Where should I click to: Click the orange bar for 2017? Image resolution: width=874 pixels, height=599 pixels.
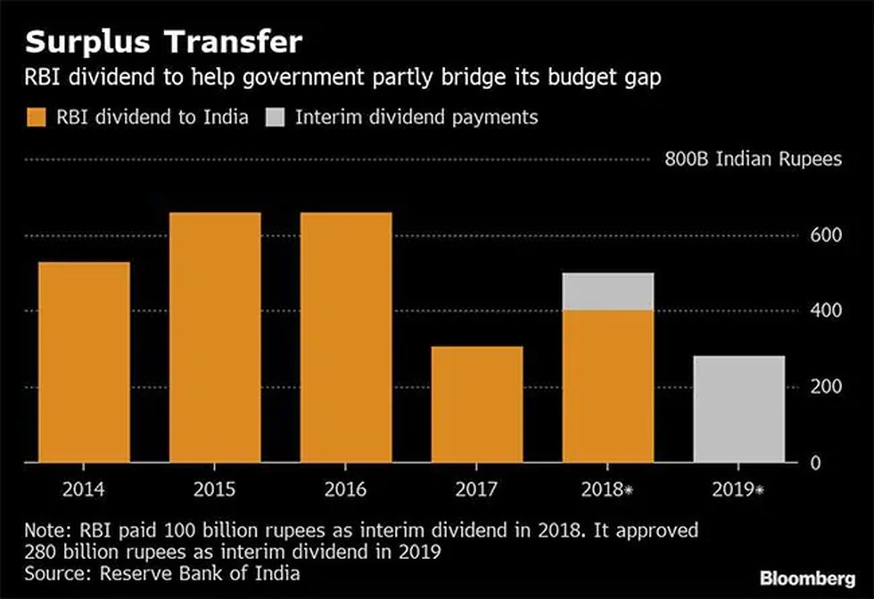(x=476, y=404)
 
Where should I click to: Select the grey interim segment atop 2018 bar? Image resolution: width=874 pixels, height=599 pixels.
(x=607, y=291)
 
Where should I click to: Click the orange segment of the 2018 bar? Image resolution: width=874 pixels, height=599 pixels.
(x=607, y=386)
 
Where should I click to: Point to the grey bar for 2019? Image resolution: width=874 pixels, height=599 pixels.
(x=738, y=409)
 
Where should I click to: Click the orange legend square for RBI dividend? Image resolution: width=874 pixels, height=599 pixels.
(x=37, y=117)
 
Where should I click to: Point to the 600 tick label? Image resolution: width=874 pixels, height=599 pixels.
(x=823, y=234)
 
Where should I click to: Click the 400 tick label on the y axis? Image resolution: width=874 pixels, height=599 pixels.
(x=823, y=310)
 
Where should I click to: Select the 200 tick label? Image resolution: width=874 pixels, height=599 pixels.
(x=823, y=387)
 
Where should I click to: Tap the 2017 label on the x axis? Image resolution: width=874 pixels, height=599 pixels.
(x=476, y=488)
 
